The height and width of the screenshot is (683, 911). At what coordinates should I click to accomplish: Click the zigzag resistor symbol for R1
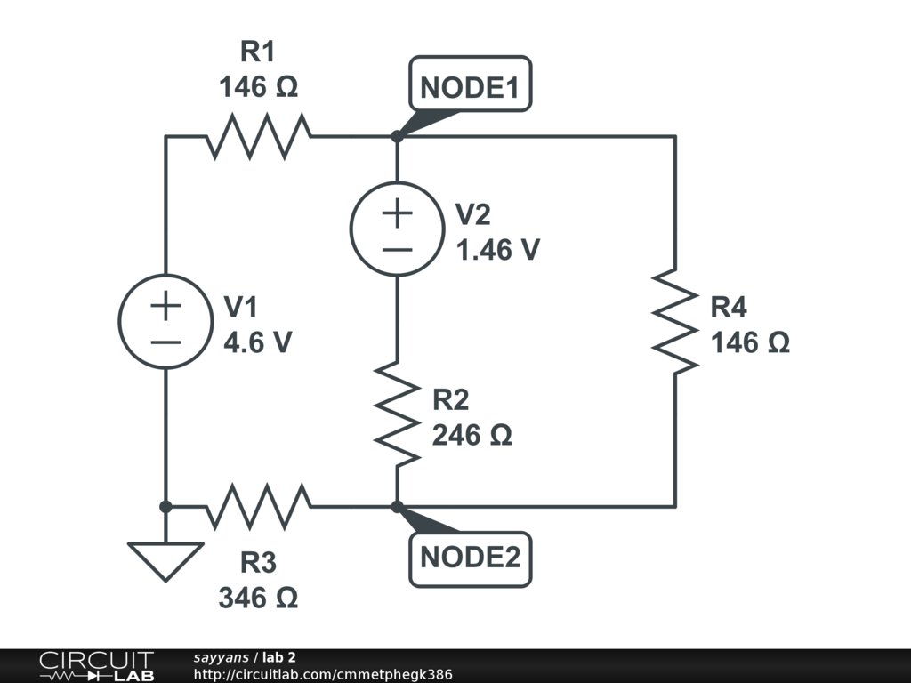point(259,136)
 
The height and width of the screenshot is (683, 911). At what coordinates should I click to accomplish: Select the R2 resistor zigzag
point(397,412)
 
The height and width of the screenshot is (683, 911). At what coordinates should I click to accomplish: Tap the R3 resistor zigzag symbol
point(259,506)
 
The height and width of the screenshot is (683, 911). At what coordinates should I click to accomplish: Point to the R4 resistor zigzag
point(674,321)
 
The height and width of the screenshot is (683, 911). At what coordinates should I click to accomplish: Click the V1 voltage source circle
point(165,321)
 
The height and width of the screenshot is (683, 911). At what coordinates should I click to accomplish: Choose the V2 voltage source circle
point(397,229)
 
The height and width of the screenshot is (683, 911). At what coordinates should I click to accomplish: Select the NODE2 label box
point(470,558)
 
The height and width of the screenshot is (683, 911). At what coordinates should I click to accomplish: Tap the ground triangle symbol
point(165,560)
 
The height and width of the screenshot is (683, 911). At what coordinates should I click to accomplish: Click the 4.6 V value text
point(257,342)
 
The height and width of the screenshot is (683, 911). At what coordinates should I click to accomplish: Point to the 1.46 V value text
point(497,250)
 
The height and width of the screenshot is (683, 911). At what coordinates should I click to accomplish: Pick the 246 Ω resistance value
point(472,436)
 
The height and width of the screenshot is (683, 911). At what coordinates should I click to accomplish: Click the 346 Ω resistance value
point(258,598)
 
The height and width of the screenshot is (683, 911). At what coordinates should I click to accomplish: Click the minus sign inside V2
point(397,249)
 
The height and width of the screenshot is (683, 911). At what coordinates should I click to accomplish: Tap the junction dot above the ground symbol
point(165,506)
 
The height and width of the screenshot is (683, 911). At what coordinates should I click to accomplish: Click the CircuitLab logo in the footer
point(96,666)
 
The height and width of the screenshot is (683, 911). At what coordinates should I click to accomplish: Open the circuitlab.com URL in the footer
point(323,674)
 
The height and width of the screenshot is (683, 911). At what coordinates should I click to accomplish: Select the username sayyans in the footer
point(222,657)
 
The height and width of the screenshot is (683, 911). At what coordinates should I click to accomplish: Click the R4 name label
point(729,309)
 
